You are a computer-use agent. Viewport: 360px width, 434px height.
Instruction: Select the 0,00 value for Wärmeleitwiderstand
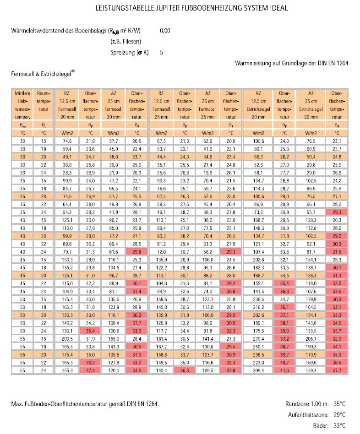(165, 31)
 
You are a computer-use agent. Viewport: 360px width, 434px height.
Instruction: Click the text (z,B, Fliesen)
(125, 42)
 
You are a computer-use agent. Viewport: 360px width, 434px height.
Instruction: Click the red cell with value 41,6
(284, 370)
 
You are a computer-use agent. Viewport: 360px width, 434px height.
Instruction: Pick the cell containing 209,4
(258, 370)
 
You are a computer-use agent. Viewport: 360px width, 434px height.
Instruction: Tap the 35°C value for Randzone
(340, 404)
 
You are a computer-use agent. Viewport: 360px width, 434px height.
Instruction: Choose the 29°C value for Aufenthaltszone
(340, 415)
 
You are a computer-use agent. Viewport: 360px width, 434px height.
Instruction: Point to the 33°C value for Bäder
(340, 426)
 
